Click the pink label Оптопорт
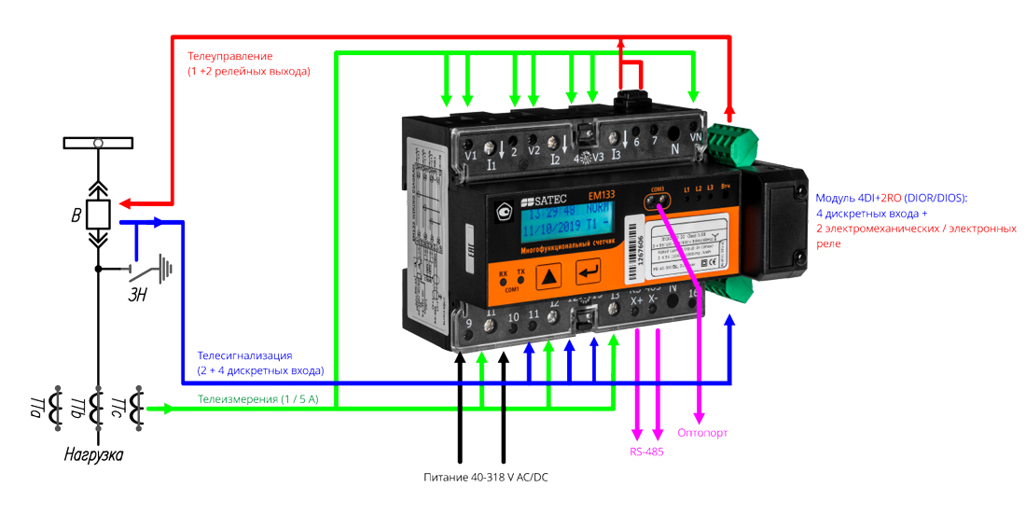pos(702,433)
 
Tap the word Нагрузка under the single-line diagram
pos(93,455)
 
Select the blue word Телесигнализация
pos(245,355)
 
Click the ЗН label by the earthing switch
pos(140,297)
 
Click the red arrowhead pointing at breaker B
pos(123,202)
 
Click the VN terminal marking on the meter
pos(694,137)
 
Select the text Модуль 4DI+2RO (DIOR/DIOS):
pos(892,199)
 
